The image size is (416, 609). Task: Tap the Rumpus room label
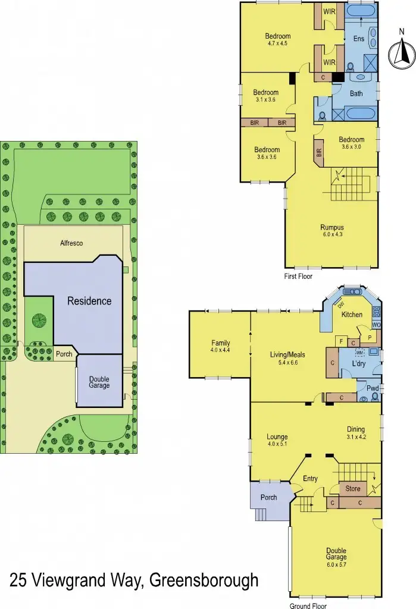[332, 227]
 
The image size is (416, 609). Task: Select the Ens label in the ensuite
[358, 39]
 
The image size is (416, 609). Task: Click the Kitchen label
[351, 314]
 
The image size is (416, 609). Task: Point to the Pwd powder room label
[373, 388]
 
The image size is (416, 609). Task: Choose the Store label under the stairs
[353, 489]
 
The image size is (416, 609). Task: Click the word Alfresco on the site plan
[71, 243]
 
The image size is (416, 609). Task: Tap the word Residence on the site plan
[89, 301]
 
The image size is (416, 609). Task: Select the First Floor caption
[298, 276]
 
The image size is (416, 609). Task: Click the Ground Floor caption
[308, 606]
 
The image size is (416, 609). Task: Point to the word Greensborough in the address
[204, 580]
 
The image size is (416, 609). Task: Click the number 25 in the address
[20, 580]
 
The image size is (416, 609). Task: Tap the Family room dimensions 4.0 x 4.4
[220, 350]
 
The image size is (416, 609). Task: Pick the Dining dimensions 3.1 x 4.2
[356, 437]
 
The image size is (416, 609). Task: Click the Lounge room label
[277, 437]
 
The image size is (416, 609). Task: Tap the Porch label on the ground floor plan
[269, 497]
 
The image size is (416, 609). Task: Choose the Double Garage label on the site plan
[99, 382]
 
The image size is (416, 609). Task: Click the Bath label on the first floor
[356, 93]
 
